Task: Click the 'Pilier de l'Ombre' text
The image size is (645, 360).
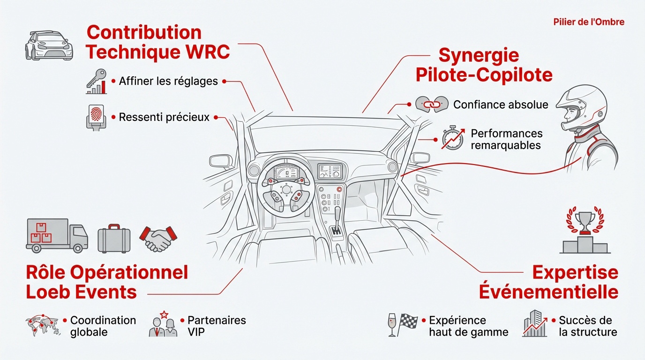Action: click(x=588, y=22)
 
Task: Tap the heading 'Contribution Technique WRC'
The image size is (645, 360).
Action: click(x=158, y=42)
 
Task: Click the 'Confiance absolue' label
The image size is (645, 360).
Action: click(x=500, y=104)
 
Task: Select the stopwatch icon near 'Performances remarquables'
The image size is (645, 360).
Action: click(x=452, y=139)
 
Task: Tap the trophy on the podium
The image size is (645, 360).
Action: click(x=585, y=222)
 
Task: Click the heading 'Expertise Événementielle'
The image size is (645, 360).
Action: click(x=548, y=282)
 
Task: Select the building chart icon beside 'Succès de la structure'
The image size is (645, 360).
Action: click(x=535, y=323)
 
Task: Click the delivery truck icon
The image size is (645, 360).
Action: click(x=56, y=234)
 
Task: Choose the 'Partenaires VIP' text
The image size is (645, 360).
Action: click(x=216, y=326)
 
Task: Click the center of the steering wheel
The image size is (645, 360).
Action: click(x=285, y=189)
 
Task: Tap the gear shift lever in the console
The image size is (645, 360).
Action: click(x=336, y=220)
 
